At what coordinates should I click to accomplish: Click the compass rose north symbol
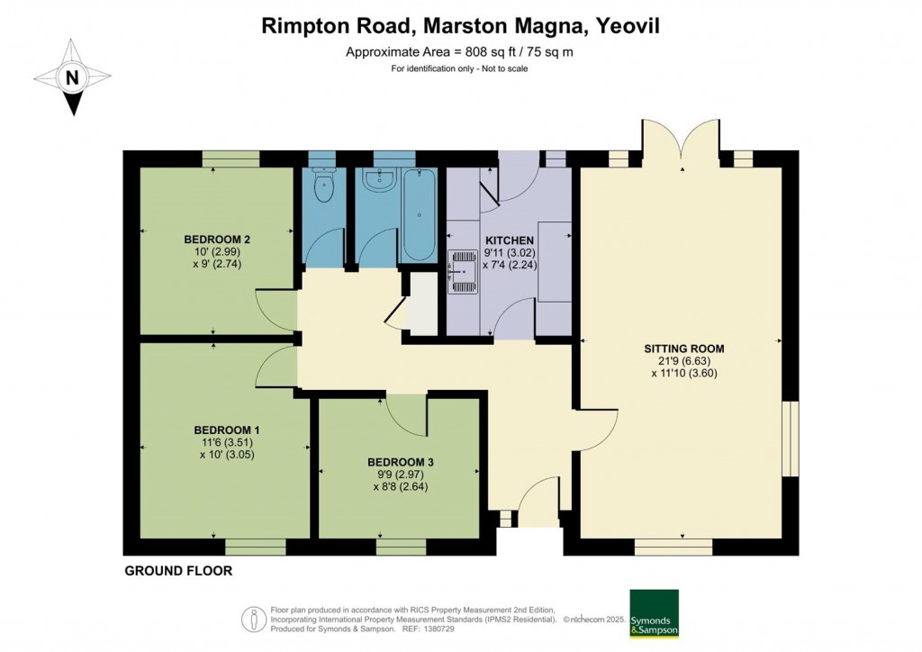72,77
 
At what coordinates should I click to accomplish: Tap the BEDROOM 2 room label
217,239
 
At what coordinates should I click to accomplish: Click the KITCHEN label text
510,240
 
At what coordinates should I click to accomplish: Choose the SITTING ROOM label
683,348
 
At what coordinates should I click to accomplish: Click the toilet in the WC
321,186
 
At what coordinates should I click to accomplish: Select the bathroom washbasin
377,180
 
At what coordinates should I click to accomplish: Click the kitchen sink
462,269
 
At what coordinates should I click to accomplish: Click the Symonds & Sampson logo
653,614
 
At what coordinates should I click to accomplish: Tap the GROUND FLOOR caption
178,571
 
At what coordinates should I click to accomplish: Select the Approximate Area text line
459,52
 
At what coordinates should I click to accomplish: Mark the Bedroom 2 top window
231,158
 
